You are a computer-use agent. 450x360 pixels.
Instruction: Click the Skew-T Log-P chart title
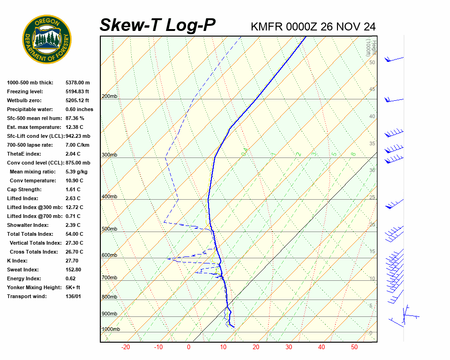[x=157, y=25]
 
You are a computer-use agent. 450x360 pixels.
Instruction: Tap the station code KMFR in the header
[x=267, y=27]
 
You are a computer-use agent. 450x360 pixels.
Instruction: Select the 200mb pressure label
[x=110, y=97]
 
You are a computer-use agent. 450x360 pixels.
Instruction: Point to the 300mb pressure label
[x=110, y=155]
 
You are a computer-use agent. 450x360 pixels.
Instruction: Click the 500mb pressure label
[x=110, y=229]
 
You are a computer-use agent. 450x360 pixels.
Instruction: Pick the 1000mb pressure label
[x=111, y=330]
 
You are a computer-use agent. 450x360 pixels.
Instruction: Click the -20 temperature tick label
[x=126, y=347]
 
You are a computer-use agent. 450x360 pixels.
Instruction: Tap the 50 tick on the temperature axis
[x=354, y=347]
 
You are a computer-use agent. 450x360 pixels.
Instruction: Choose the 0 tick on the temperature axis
[x=188, y=347]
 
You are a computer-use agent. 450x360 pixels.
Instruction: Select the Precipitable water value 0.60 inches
[x=79, y=110]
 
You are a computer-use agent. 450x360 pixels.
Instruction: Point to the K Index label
[x=17, y=261]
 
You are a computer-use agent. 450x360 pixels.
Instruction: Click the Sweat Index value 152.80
[x=74, y=270]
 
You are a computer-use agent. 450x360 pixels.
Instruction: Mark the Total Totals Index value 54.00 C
[x=75, y=234]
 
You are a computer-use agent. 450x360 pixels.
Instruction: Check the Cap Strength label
[x=24, y=190]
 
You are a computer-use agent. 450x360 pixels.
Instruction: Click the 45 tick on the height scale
[x=372, y=90]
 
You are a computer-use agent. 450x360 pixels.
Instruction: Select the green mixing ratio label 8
[x=353, y=153]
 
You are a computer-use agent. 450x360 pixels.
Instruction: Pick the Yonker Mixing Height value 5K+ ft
[x=73, y=288]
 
